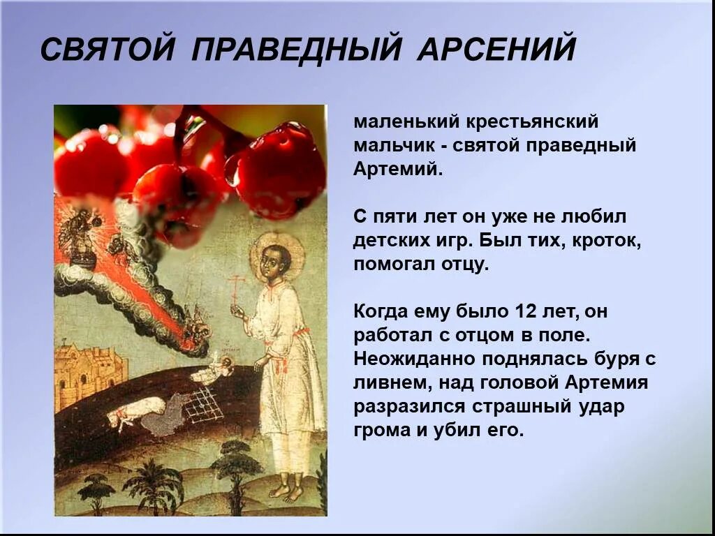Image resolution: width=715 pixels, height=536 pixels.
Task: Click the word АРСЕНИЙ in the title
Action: point(496,50)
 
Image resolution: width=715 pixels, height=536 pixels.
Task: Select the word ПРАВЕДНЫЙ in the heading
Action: point(297,50)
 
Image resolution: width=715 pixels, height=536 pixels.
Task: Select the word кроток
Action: point(607,241)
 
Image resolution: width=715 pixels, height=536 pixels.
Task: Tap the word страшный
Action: point(510,406)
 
